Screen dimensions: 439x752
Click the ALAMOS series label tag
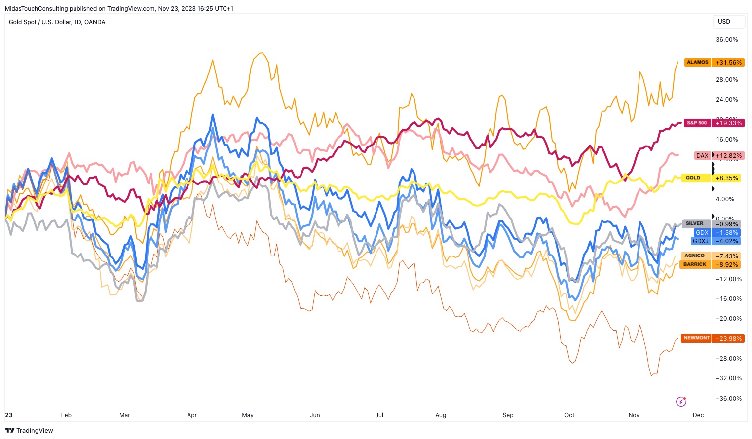697,62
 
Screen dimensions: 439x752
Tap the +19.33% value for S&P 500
728,123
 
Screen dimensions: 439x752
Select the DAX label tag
702,155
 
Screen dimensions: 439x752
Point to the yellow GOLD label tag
693,178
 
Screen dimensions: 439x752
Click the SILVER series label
694,223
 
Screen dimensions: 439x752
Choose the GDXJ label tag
701,241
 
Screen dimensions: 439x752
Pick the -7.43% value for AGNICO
727,256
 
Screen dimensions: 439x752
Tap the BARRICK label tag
695,264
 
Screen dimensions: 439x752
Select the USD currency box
724,22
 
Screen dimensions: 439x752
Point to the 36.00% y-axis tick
727,40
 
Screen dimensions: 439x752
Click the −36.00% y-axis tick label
727,399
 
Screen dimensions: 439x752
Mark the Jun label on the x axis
315,415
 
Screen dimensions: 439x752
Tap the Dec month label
698,415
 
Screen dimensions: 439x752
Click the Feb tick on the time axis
66,415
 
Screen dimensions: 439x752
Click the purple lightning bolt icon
681,402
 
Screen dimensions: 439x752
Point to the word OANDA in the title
95,22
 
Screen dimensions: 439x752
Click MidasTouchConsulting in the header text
36,8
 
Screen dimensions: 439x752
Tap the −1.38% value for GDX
727,232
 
